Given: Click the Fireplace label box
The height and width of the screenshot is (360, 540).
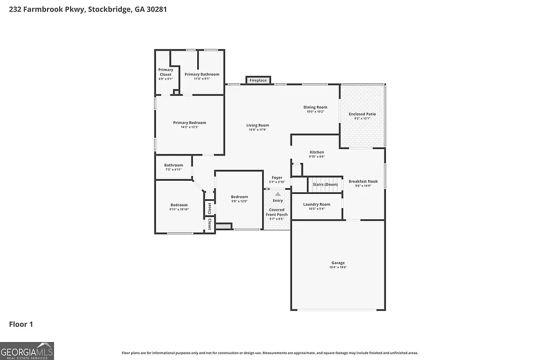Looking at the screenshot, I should point(258,81).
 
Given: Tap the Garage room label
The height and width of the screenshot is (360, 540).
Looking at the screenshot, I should point(338,263).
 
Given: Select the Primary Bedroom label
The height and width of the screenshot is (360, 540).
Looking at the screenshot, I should point(189,123).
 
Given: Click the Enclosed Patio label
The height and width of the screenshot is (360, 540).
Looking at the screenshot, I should point(362,114).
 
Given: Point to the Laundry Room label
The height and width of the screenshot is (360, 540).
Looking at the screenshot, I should point(316,205).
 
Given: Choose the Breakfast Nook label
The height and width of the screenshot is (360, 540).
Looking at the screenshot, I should point(363,181).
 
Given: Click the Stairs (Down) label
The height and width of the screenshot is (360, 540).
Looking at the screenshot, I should point(325,184).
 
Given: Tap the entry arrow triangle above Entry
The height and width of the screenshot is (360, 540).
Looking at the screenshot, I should point(277,194).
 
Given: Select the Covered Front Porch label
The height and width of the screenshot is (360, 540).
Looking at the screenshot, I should point(277,212).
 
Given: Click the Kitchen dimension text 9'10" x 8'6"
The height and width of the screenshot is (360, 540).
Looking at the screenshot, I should point(316,157).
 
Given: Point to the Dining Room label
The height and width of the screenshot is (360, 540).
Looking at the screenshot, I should point(315,108).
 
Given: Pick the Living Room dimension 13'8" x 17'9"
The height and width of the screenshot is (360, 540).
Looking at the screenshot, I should point(257,130).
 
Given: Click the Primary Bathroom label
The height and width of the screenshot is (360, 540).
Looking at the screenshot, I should point(202,74).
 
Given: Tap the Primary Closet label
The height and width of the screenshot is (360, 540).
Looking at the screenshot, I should point(166,72).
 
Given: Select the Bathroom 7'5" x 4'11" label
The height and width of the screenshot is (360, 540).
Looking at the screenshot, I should point(173,167).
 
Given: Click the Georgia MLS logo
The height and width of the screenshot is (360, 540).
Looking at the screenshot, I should point(27,351).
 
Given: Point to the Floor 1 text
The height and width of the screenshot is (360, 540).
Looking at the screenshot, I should point(21,324).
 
